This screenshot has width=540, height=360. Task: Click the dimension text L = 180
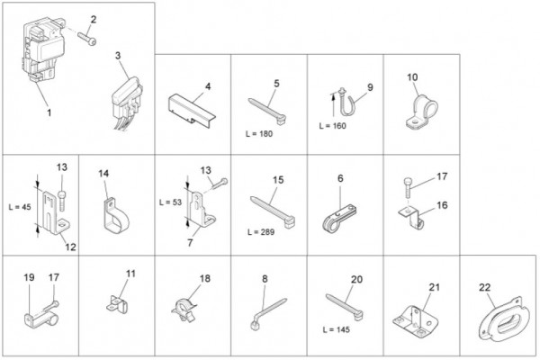(x=259, y=134)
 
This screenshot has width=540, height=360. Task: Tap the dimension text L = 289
(x=261, y=232)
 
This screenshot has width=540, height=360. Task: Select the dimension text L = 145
(x=337, y=329)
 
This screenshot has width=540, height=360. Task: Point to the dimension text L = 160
(x=333, y=126)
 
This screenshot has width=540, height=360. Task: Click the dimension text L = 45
(x=20, y=207)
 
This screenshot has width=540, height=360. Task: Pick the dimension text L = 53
(x=170, y=202)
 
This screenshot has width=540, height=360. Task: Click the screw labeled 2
(x=86, y=38)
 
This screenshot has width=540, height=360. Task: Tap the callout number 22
(x=484, y=287)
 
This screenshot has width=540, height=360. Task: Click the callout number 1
(x=49, y=112)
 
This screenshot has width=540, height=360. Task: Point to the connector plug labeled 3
(x=127, y=103)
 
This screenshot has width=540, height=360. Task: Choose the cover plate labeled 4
(x=192, y=109)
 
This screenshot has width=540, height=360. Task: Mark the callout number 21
(x=435, y=286)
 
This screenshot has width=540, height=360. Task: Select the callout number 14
(x=103, y=174)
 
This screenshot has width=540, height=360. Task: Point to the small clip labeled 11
(x=117, y=304)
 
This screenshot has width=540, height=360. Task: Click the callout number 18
(x=205, y=278)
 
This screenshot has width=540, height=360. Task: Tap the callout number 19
(x=30, y=277)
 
